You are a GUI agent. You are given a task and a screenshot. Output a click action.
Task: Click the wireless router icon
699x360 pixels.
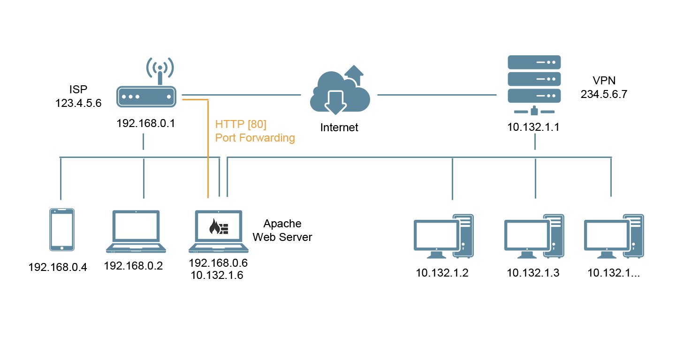click(146, 96)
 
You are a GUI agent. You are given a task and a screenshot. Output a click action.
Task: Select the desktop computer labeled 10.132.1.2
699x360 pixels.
click(443, 237)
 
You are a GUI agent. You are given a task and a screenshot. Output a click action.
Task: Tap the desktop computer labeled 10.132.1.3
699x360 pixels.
click(533, 237)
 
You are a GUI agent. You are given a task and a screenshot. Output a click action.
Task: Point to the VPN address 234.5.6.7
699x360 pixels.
click(604, 94)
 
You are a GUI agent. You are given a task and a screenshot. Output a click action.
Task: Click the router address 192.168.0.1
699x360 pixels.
click(146, 123)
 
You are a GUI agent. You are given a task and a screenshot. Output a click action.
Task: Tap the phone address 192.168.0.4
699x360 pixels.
click(58, 268)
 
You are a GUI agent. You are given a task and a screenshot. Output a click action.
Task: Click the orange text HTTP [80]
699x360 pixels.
click(241, 125)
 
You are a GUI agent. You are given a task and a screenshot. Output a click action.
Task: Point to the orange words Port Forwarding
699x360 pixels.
click(255, 138)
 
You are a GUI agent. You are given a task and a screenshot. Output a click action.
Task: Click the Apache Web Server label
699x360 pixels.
click(282, 230)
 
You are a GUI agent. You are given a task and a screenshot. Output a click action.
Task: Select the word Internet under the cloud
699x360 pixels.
click(339, 127)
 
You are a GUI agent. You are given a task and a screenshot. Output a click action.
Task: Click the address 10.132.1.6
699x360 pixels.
click(217, 276)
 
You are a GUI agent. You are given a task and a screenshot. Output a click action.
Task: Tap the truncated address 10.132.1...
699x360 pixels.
click(614, 273)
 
